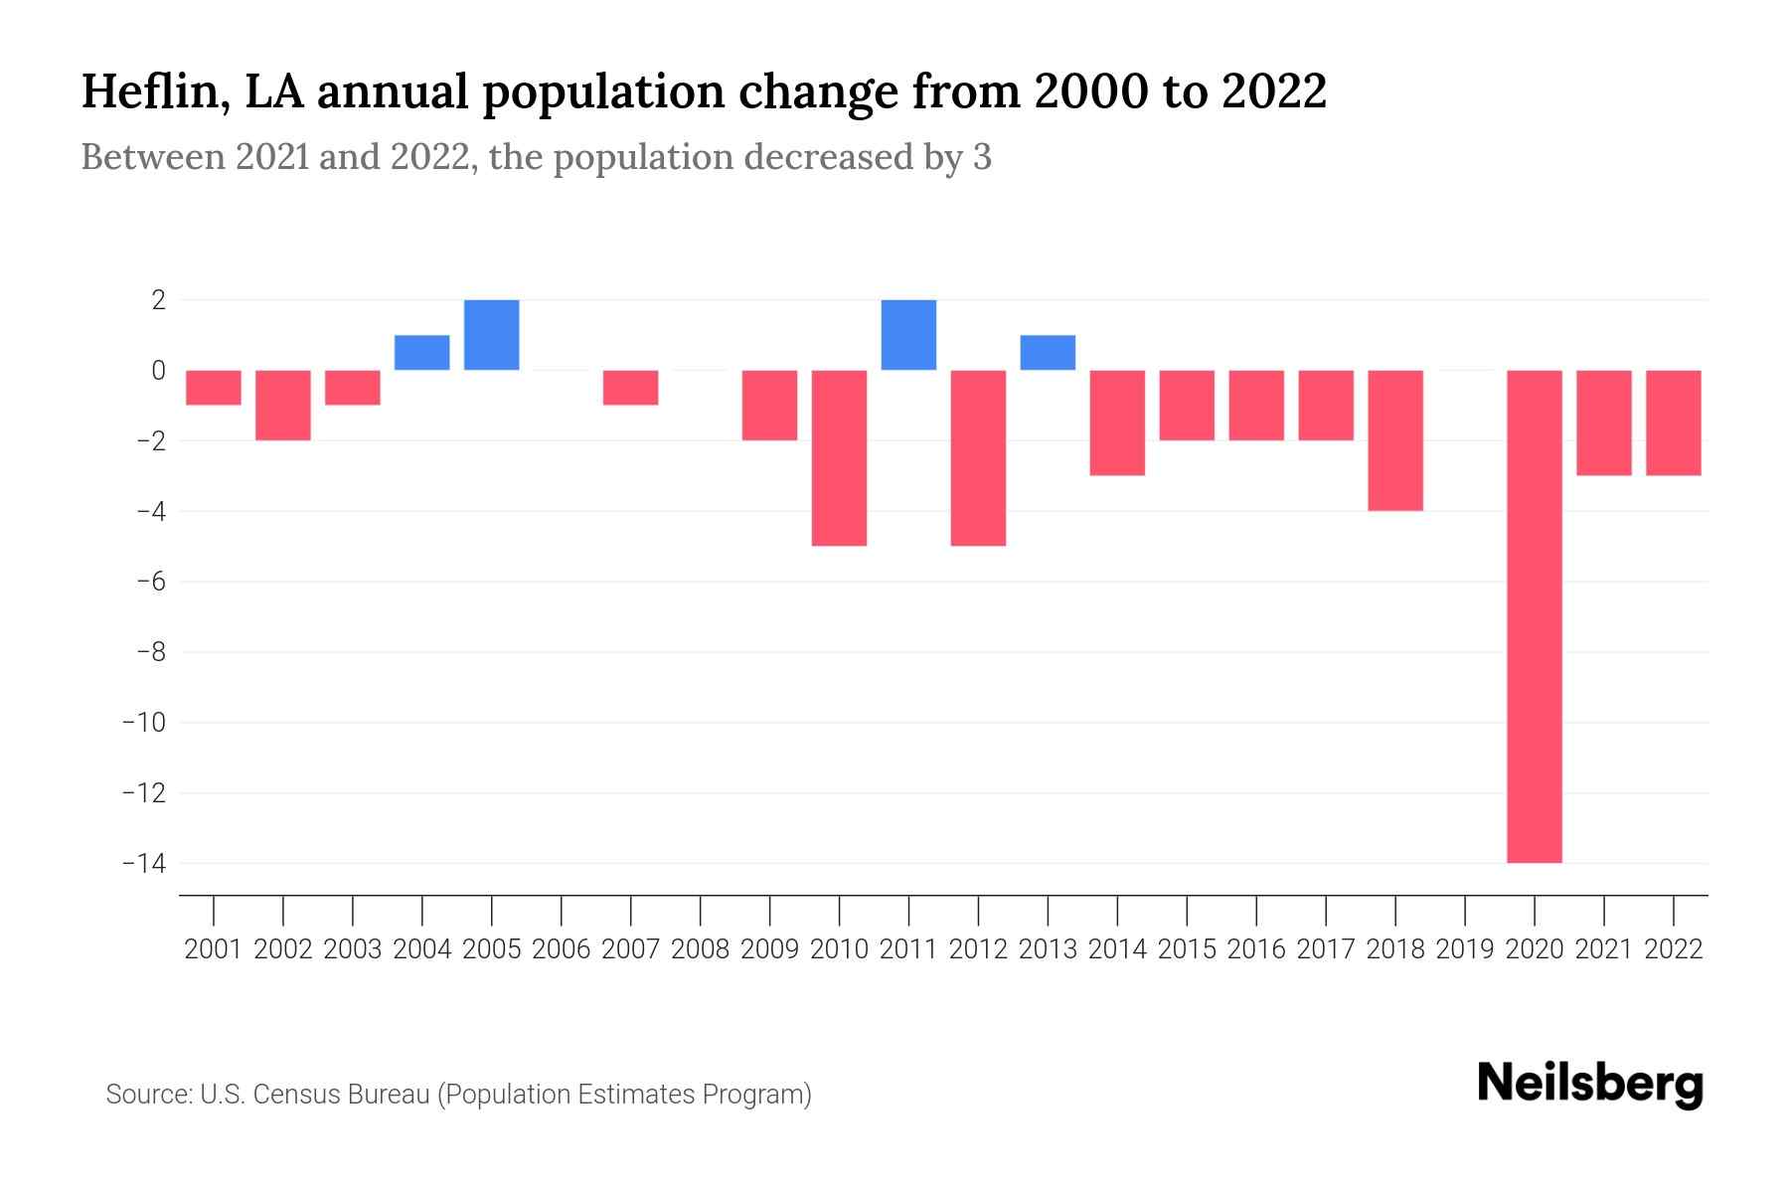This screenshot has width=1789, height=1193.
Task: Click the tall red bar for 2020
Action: point(1535,616)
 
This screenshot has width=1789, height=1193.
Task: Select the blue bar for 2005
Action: point(492,335)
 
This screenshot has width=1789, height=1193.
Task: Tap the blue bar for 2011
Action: point(908,335)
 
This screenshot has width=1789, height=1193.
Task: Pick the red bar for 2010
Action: point(839,457)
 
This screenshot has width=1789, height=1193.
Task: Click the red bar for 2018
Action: point(1395,440)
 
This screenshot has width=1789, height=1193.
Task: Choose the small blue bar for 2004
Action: point(422,353)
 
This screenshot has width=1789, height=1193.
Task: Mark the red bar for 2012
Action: point(978,457)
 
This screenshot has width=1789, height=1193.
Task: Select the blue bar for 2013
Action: point(1048,353)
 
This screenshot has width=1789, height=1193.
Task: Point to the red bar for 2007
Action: point(631,388)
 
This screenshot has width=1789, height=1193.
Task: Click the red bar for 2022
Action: point(1674,423)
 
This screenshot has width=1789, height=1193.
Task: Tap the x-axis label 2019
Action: point(1465,949)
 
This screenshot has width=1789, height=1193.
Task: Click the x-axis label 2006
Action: point(562,949)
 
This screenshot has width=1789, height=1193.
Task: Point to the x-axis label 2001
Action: point(214,949)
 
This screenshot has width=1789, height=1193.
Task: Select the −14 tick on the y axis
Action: point(143,863)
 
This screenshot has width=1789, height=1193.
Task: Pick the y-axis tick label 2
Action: point(158,299)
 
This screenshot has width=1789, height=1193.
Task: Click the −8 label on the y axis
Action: point(150,652)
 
